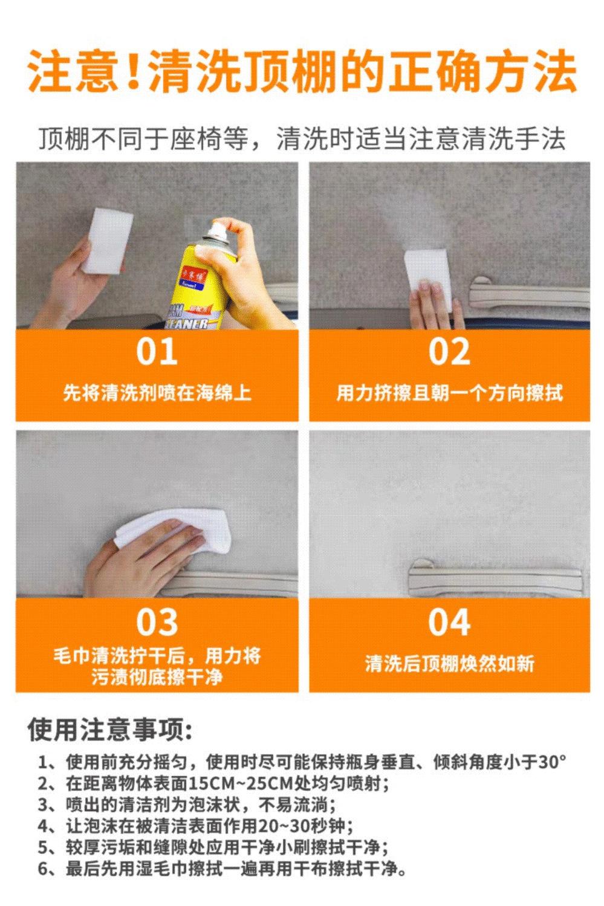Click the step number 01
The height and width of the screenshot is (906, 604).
point(157,352)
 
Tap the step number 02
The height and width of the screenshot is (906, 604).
point(449,352)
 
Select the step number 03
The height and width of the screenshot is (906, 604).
point(157,622)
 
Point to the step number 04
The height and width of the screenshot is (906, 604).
point(449,622)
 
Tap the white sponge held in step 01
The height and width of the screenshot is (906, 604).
point(108,240)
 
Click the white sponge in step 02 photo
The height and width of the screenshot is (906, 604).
point(429,275)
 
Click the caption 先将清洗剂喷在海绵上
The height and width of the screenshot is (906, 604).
point(157,393)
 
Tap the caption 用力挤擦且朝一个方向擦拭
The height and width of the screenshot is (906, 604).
point(449,393)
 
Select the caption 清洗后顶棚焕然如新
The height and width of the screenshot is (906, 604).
point(449,663)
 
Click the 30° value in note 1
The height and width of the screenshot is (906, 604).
point(551,762)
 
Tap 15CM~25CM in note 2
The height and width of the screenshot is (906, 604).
point(240,783)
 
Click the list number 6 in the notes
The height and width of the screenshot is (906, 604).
point(43,868)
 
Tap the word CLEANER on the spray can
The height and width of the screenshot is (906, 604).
point(187,324)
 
